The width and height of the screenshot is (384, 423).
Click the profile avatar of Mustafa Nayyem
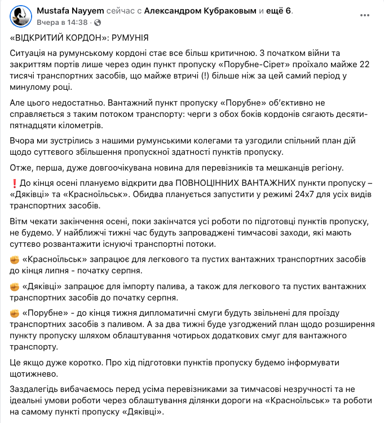pyautogui.click(x=20, y=16)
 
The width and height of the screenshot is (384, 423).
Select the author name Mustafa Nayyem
pyautogui.click(x=64, y=11)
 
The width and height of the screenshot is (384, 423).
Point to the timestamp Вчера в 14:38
pyautogui.click(x=63, y=23)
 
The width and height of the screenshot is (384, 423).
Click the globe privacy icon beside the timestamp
pyautogui.click(x=98, y=23)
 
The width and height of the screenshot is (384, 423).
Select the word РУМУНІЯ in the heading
pyautogui.click(x=130, y=38)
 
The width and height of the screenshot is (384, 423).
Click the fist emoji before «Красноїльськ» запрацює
pyautogui.click(x=15, y=259)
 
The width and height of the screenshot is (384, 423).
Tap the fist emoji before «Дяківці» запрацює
pyautogui.click(x=15, y=286)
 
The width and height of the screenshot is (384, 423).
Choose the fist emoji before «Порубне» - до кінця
pyautogui.click(x=15, y=313)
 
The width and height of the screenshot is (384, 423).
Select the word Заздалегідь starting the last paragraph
pyautogui.click(x=34, y=389)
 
